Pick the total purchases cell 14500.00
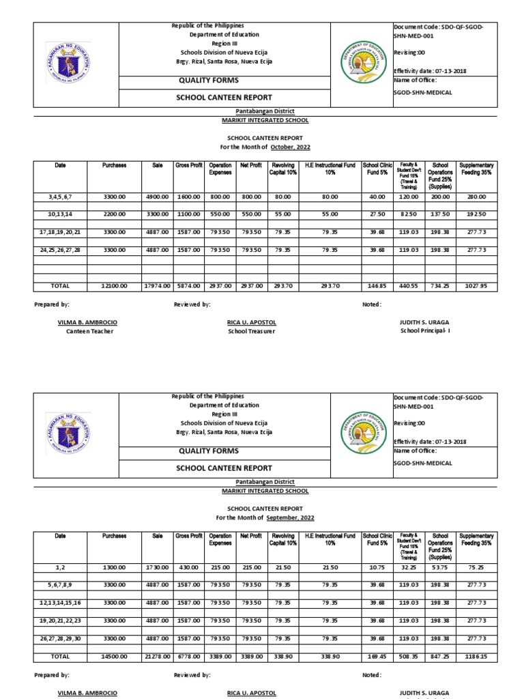[114, 657]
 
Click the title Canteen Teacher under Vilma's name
[89, 332]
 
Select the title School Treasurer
[252, 332]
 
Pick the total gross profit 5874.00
[187, 287]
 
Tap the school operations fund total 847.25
[440, 657]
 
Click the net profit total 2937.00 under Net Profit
[250, 287]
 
